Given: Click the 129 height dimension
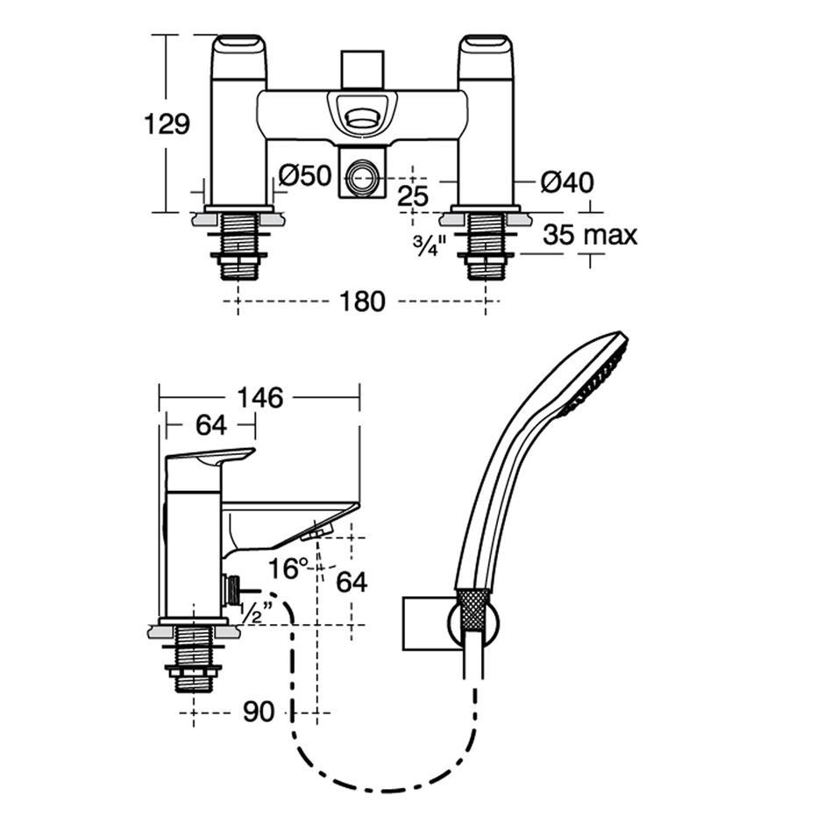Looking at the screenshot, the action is [x=167, y=124].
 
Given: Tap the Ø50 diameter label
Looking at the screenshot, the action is [x=305, y=175].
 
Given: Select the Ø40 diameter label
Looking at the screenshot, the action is [x=567, y=182].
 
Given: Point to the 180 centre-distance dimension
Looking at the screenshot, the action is [x=363, y=302].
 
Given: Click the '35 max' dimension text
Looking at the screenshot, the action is [x=590, y=234].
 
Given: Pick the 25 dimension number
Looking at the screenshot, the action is [x=413, y=196].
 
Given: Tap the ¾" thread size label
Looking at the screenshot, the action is [x=430, y=245].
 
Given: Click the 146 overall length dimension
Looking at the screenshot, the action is [x=260, y=398].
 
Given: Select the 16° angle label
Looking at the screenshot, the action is [x=288, y=568].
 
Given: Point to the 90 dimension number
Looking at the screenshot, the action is [x=259, y=712].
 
